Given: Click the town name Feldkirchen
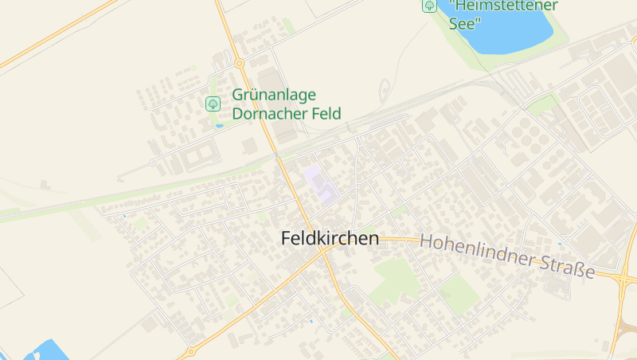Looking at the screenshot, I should (x=330, y=238).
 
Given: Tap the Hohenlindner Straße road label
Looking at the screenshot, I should (x=507, y=255).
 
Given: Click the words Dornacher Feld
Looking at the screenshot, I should (x=286, y=114).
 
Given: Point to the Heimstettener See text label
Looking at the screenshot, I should (x=503, y=13).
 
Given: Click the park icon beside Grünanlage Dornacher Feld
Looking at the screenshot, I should (x=213, y=104).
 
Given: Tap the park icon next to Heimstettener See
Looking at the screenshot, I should (x=429, y=6).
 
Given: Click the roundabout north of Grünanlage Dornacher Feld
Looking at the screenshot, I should (x=239, y=63).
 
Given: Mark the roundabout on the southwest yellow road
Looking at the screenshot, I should (x=190, y=351).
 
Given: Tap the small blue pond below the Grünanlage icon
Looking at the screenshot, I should (x=219, y=126).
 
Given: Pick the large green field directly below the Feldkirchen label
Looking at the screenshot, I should (x=396, y=278).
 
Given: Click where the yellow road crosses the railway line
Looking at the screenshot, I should (x=279, y=158).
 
